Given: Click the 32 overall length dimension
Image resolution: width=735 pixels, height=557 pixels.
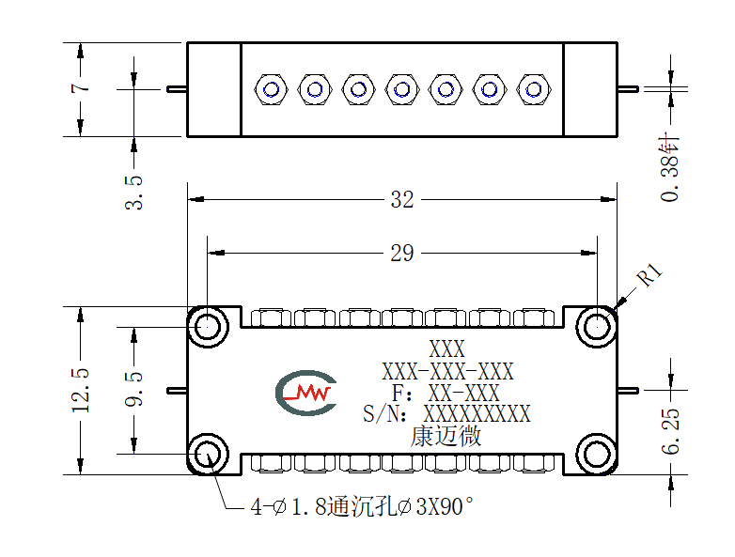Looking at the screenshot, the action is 402,200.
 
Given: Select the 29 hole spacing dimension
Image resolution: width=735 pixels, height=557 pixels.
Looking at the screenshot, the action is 402,254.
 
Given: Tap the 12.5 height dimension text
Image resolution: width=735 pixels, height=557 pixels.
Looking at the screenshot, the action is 81,390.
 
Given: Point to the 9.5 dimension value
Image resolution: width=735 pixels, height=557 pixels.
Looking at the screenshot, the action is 134,388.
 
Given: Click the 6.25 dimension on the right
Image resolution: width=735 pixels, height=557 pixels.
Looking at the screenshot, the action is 670,431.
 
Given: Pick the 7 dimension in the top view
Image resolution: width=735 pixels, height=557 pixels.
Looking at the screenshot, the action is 80,87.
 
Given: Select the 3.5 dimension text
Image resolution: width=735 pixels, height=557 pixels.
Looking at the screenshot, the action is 134,193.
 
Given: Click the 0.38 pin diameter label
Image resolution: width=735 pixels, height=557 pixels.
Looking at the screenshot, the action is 670,169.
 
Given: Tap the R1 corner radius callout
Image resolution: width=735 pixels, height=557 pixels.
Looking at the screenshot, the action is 649,274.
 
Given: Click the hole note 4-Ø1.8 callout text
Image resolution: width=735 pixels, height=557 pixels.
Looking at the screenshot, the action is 362,507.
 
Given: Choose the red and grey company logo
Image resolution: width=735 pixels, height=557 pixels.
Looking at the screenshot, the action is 306,393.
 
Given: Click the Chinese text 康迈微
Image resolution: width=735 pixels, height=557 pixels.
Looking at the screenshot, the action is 446,436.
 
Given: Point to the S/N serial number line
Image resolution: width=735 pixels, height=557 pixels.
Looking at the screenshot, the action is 446,414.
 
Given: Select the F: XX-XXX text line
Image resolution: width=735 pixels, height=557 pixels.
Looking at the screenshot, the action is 446,393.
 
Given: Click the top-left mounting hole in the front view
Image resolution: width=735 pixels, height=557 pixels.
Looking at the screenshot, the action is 207,327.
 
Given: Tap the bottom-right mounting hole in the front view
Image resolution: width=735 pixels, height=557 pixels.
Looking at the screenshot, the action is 597,455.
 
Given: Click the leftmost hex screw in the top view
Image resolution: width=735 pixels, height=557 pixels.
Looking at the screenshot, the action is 271,89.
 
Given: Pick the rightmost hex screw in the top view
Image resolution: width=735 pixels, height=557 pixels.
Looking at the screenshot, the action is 534,89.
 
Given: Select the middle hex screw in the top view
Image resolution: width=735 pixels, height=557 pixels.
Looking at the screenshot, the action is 402,89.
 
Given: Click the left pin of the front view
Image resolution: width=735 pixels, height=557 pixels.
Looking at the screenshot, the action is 178,390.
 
